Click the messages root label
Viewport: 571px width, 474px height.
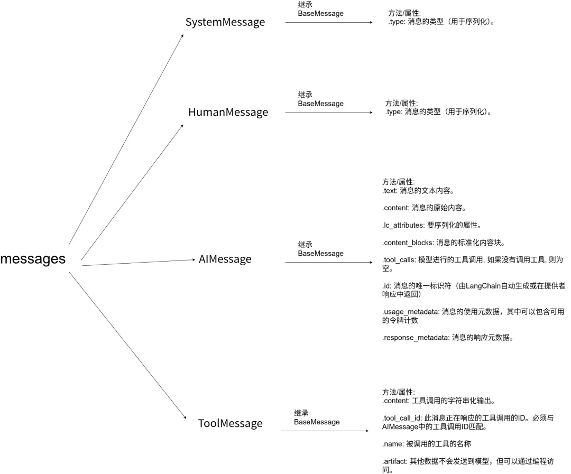click(33, 259)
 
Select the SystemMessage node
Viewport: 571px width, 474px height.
click(225, 22)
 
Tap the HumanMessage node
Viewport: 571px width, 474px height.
click(228, 113)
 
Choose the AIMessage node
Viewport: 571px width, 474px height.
click(225, 259)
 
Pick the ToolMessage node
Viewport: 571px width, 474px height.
click(230, 423)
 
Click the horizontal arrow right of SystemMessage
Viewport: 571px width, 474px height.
click(328, 23)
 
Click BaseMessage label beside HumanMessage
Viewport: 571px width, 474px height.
click(320, 104)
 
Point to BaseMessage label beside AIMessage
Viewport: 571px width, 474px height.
click(320, 254)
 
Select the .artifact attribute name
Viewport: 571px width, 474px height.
click(394, 461)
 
